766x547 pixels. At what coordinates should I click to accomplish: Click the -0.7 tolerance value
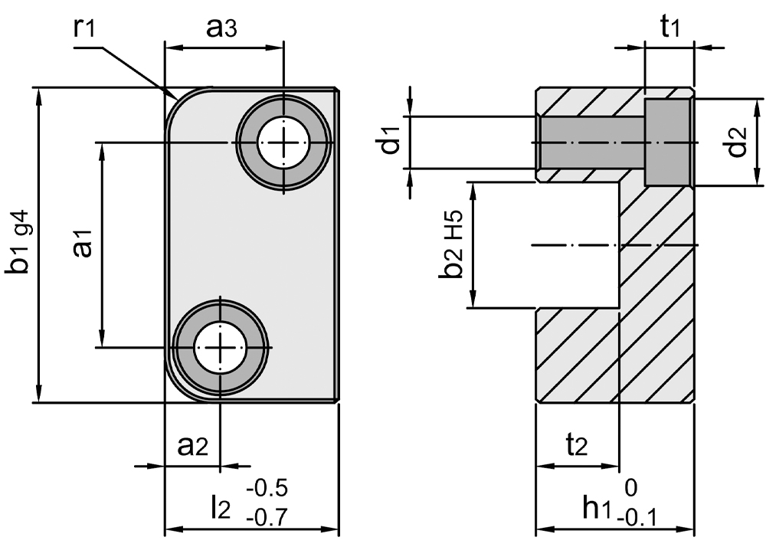pos(267,519)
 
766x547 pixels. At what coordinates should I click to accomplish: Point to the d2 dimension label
pos(737,142)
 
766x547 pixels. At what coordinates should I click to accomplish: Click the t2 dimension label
pos(575,444)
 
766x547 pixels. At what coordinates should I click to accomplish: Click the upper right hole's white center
pos(283,142)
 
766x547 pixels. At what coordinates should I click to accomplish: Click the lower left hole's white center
pos(221,348)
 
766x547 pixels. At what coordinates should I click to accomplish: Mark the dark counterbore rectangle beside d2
pos(668,142)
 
